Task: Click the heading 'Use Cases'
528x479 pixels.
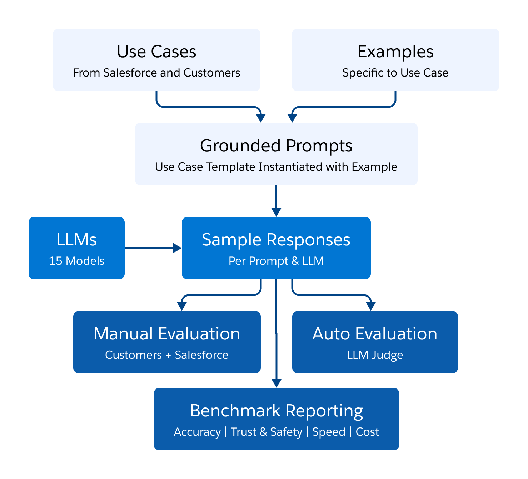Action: pos(156,52)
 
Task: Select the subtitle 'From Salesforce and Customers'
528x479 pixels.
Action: pos(156,73)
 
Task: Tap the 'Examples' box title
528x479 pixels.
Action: pos(395,52)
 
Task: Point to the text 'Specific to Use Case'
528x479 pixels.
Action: pos(395,73)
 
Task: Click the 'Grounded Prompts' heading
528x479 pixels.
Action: pos(276,146)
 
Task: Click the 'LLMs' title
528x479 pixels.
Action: pos(76,240)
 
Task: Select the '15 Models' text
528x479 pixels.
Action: pos(76,261)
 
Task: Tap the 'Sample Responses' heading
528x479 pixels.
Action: pos(276,240)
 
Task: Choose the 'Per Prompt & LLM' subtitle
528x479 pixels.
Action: pos(276,261)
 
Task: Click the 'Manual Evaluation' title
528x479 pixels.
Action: pos(167,334)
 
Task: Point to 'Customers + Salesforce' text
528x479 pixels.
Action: pos(167,355)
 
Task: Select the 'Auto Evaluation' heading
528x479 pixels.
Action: pos(375,334)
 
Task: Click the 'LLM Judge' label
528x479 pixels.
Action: pos(375,355)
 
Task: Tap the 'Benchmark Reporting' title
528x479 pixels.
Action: pos(276,411)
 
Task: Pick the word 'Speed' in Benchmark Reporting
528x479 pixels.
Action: pos(329,432)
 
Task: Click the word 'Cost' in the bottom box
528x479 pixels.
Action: pos(367,432)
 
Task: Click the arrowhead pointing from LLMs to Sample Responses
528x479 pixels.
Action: pos(177,248)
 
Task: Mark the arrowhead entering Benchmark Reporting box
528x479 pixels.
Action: pos(277,383)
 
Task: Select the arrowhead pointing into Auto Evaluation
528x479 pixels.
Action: pos(371,306)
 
